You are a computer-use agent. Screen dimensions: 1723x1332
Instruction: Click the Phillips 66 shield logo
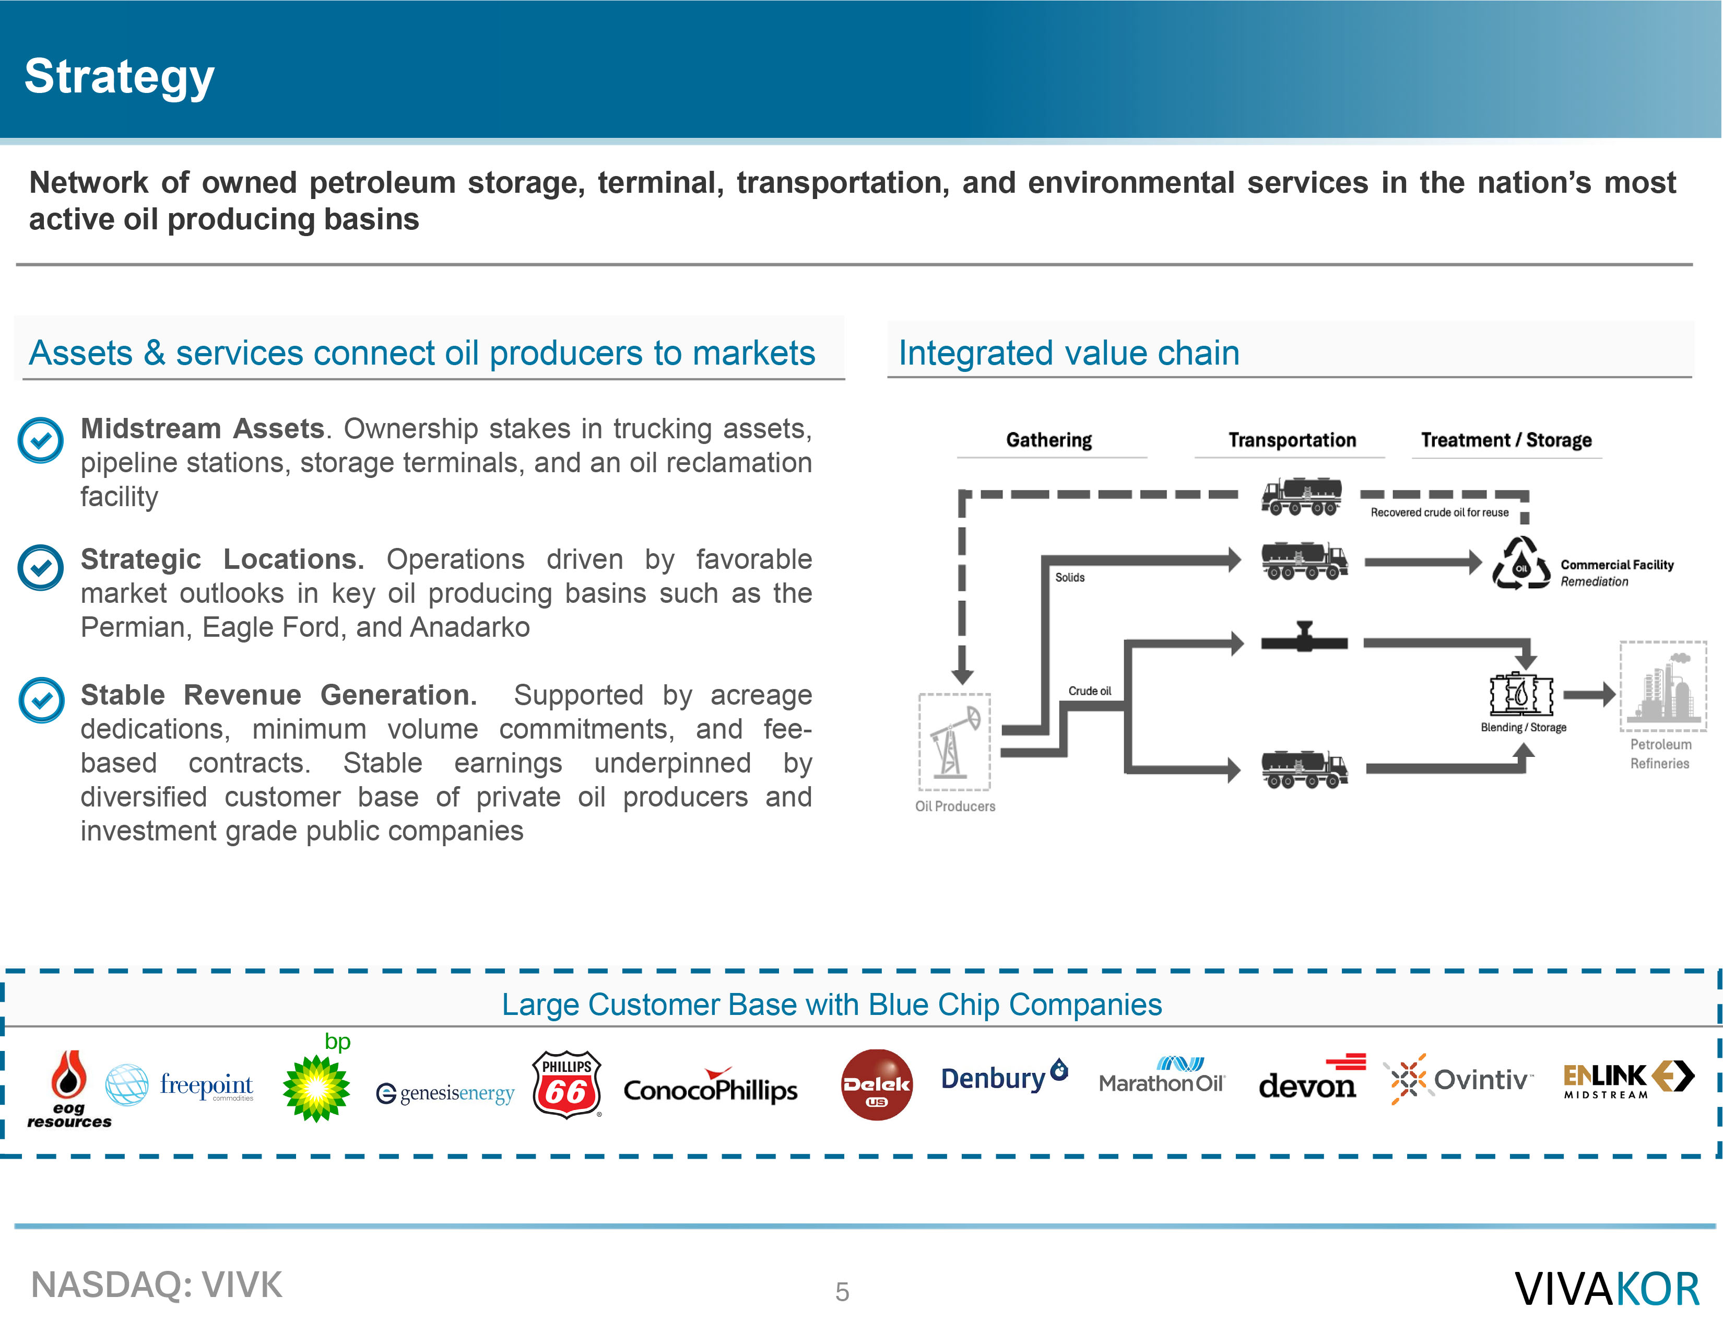pyautogui.click(x=567, y=1084)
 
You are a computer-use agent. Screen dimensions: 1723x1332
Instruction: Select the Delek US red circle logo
pyautogui.click(x=877, y=1085)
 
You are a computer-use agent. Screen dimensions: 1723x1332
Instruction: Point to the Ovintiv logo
pyautogui.click(x=1458, y=1079)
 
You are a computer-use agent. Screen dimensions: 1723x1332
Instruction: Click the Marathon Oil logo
pyautogui.click(x=1161, y=1075)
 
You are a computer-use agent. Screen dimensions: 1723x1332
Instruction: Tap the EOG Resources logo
pyautogui.click(x=69, y=1089)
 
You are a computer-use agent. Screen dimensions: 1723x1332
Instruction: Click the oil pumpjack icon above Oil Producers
pyautogui.click(x=954, y=742)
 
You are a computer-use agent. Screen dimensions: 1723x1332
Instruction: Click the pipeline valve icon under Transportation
pyautogui.click(x=1304, y=638)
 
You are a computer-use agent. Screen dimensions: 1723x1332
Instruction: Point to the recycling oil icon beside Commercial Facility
pyautogui.click(x=1521, y=564)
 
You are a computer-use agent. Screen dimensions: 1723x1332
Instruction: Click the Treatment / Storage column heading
pyautogui.click(x=1506, y=440)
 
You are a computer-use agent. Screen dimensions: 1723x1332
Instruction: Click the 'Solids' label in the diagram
pyautogui.click(x=1070, y=578)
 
